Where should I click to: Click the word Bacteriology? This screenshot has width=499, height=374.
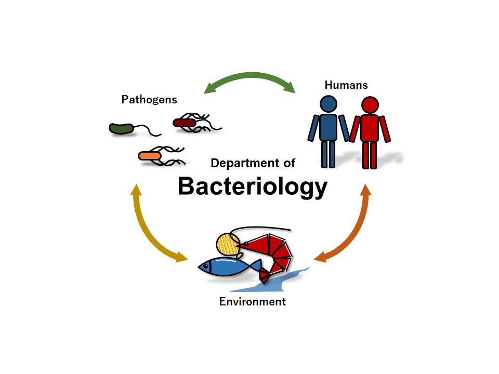pos(253,187)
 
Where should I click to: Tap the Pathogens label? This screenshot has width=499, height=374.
pos(149,100)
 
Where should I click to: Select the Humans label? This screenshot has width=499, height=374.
pos(346,85)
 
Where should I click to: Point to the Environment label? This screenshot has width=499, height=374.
pos(253,301)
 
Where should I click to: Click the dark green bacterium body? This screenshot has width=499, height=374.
pos(121,128)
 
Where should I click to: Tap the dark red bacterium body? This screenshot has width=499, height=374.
pos(184,123)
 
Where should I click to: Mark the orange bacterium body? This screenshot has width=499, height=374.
pos(150,156)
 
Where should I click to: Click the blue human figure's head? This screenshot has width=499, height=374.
pos(328,104)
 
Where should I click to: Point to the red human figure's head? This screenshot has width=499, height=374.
pos(370,105)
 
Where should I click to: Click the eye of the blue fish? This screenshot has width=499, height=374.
pos(206,266)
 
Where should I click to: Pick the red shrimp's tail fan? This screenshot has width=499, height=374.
pos(265,275)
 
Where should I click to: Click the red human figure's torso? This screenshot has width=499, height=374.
pos(370,128)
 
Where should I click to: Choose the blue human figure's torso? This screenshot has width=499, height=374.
pos(328,127)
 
